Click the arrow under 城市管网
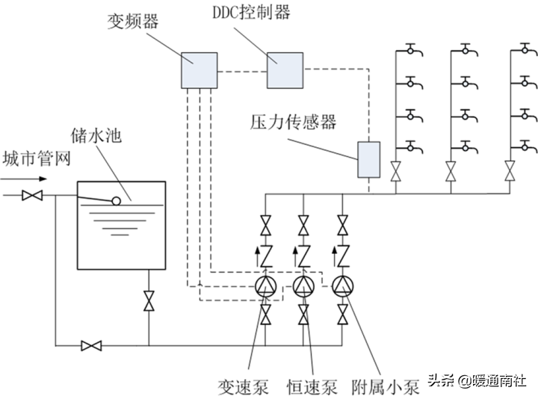[26, 179]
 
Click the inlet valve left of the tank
[32, 196]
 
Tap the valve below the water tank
[149, 301]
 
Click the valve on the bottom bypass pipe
[92, 345]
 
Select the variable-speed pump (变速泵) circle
[265, 285]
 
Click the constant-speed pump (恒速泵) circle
[303, 285]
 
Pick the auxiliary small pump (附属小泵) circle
[342, 285]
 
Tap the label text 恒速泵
[312, 386]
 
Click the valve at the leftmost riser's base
[395, 170]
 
